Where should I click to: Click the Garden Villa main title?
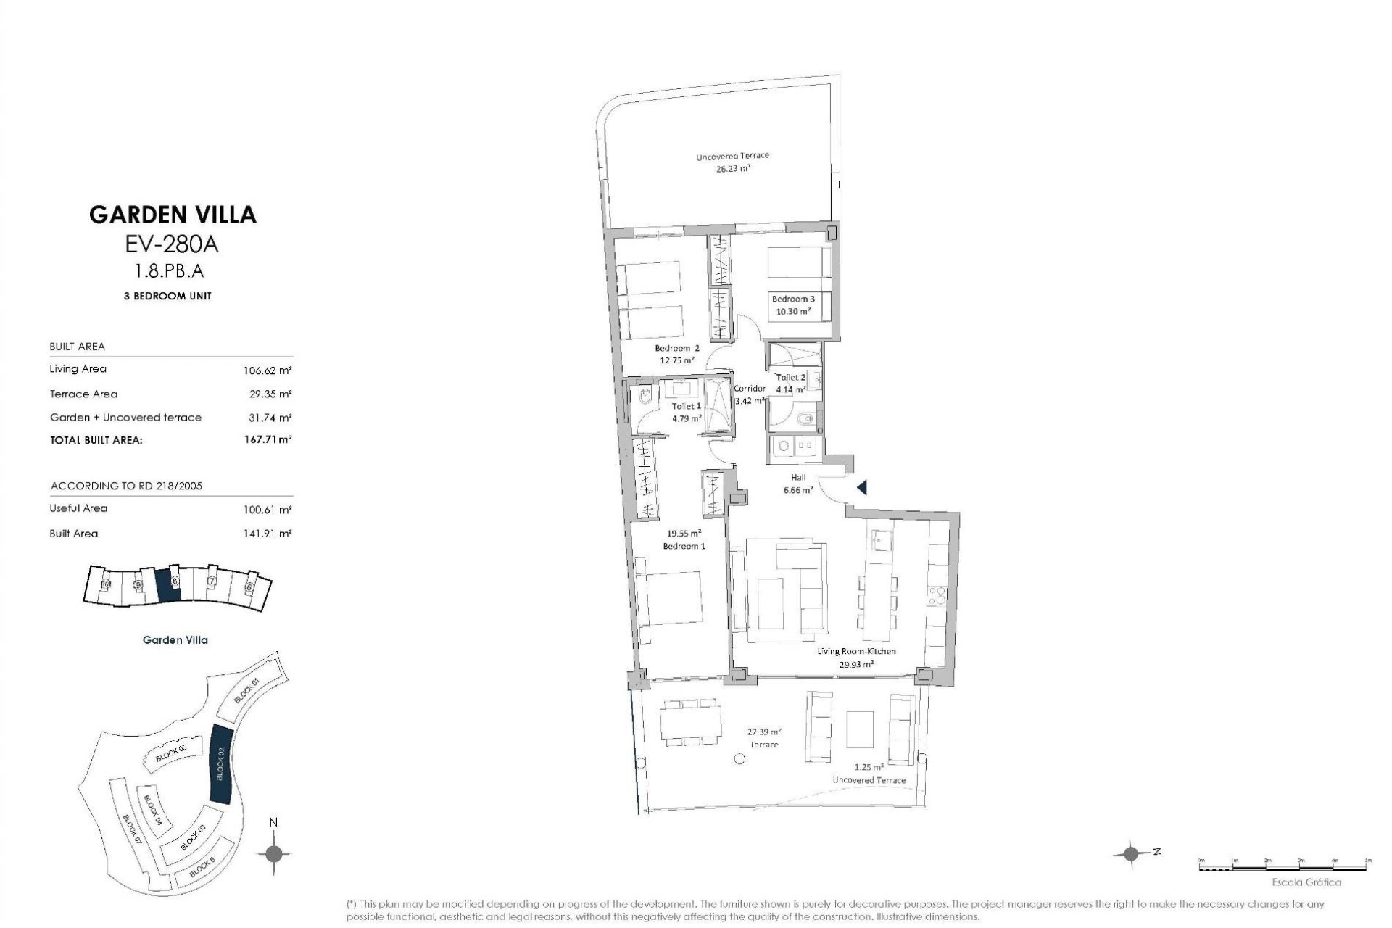tap(173, 215)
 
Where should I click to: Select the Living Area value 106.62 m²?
tap(268, 370)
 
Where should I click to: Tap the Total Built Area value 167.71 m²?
tap(268, 439)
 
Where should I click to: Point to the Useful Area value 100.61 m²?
tap(268, 510)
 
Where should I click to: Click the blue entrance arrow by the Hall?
tap(862, 488)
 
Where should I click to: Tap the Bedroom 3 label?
tap(792, 299)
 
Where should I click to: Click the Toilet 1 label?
tap(686, 407)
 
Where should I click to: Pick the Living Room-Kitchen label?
tap(856, 651)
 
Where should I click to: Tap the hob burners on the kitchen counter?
tap(937, 595)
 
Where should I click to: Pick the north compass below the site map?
tap(273, 853)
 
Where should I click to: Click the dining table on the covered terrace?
tap(689, 722)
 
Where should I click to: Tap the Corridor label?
tap(749, 389)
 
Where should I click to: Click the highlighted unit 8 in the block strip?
tap(167, 584)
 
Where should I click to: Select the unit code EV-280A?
tap(172, 244)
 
